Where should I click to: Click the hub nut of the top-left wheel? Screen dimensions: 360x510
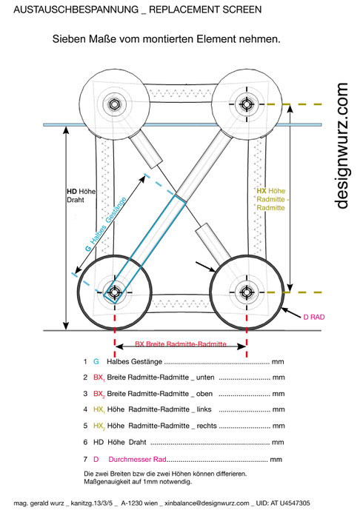click(114, 104)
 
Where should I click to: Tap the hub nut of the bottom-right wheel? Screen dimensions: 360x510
click(247, 292)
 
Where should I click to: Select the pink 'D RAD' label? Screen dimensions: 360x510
click(314, 317)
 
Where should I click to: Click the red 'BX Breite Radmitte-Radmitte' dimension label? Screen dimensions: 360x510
click(181, 343)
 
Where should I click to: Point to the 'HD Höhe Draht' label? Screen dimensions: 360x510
click(81, 195)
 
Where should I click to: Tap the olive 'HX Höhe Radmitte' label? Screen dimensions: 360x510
click(271, 199)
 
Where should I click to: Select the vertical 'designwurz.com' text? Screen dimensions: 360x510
click(341, 145)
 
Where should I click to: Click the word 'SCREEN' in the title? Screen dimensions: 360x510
click(241, 10)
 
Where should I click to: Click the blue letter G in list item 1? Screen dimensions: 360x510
click(96, 361)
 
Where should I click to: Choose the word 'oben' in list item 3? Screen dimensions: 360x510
click(204, 394)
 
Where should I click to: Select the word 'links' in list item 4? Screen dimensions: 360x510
click(204, 409)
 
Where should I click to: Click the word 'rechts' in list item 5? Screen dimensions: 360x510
click(207, 426)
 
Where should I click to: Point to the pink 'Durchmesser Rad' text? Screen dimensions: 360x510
click(137, 459)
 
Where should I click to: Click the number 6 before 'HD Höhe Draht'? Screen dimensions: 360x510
click(86, 443)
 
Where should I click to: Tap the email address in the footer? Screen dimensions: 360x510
click(207, 503)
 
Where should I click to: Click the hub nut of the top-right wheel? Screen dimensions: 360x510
click(247, 104)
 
